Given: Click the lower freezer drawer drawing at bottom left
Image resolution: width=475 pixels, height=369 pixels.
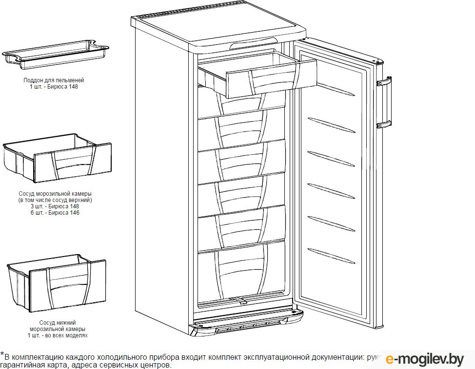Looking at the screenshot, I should click(58, 282).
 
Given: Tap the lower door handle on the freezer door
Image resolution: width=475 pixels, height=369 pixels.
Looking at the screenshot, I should click(384, 124).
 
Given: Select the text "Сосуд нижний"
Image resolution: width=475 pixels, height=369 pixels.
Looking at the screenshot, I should click(57, 323).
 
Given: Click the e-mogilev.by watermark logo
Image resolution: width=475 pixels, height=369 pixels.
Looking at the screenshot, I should click(424, 359).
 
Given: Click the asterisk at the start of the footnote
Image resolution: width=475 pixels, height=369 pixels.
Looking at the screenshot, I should click(2, 355).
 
